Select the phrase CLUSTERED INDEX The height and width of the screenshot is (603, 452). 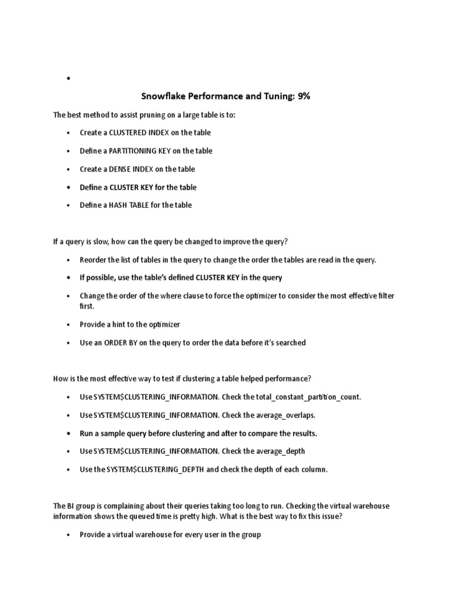click(x=139, y=132)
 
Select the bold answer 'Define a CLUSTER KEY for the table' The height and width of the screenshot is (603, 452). click(x=138, y=187)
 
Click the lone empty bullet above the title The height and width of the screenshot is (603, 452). click(x=69, y=78)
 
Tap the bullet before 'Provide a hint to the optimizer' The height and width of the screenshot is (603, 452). click(x=69, y=324)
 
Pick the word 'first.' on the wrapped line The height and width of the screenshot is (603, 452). click(x=88, y=306)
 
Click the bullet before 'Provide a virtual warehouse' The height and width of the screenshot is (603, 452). click(x=69, y=535)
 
